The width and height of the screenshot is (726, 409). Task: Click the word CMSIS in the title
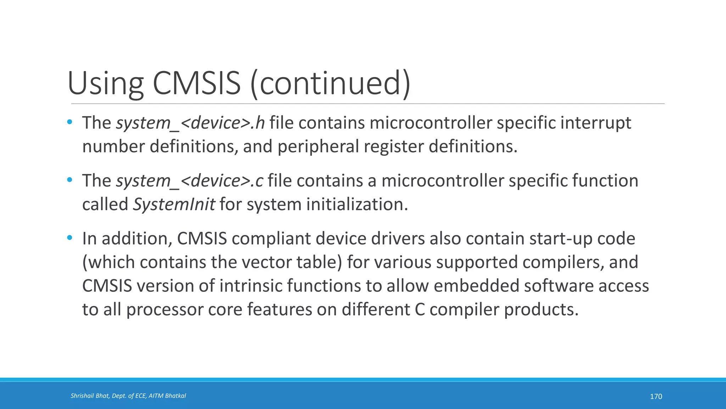coord(197,83)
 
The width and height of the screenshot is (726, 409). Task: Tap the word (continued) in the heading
coord(330,83)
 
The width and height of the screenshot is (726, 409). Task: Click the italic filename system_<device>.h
coord(190,123)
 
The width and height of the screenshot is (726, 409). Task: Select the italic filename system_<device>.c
coord(190,181)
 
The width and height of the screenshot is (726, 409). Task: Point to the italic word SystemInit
coord(174,204)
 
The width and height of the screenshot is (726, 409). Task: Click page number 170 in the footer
coord(656,396)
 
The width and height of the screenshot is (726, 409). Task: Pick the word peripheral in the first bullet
coord(318,147)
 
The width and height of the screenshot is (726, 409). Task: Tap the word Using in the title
coord(105,83)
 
